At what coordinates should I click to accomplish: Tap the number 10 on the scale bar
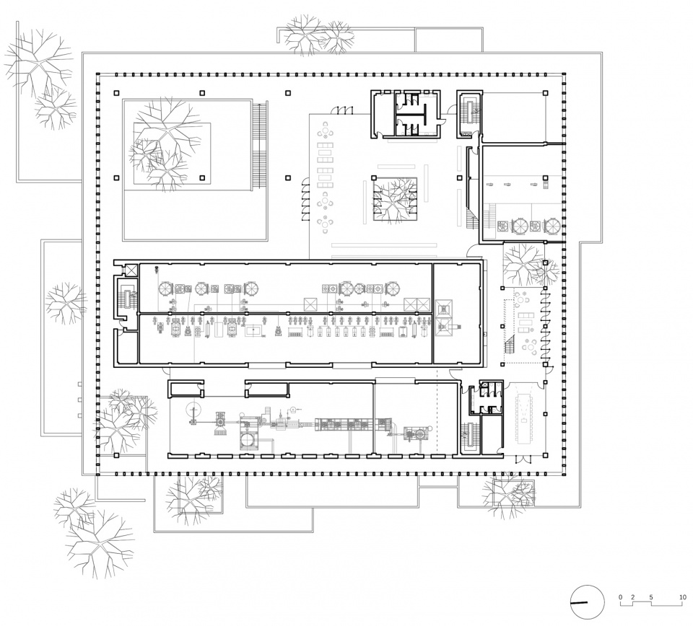[x=684, y=597]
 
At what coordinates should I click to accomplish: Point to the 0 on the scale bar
[x=620, y=597]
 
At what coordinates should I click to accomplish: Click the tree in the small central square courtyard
[x=395, y=199]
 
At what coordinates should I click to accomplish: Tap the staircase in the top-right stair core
[x=469, y=113]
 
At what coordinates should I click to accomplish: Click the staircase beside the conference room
[x=469, y=436]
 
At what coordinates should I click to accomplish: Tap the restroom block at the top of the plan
[x=406, y=114]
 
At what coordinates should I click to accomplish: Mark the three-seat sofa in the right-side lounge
[x=527, y=315]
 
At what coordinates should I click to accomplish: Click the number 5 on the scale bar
[x=651, y=597]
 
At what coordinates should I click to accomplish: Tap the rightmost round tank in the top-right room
[x=552, y=226]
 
